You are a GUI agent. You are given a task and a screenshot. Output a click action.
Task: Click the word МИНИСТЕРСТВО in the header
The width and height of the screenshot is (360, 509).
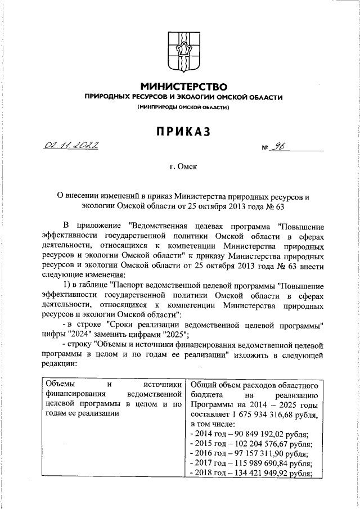[x=183, y=87]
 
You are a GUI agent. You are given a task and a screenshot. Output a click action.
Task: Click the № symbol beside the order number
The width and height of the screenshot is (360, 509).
[x=265, y=149]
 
